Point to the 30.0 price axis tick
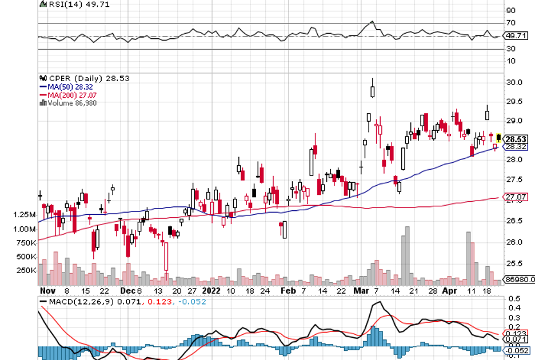[515, 82]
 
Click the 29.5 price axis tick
[515, 102]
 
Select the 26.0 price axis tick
[515, 242]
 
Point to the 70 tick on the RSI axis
[510, 23]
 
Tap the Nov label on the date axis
[47, 290]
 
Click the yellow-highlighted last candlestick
[499, 138]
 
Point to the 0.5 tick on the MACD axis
[514, 299]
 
